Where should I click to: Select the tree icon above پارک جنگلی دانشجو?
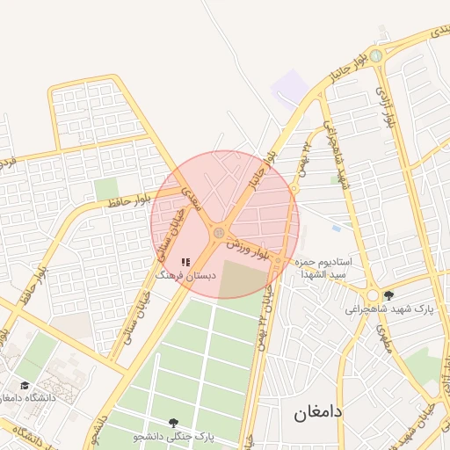(x=173, y=423)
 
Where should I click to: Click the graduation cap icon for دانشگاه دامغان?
(x=25, y=386)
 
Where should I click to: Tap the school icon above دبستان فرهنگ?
(x=185, y=262)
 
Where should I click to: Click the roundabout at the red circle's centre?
(x=218, y=232)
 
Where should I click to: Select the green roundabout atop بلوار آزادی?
(x=376, y=56)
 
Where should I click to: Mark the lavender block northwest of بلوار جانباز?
(x=290, y=89)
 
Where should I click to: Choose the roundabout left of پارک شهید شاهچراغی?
(x=373, y=297)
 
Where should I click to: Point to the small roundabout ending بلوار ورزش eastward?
(x=278, y=261)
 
